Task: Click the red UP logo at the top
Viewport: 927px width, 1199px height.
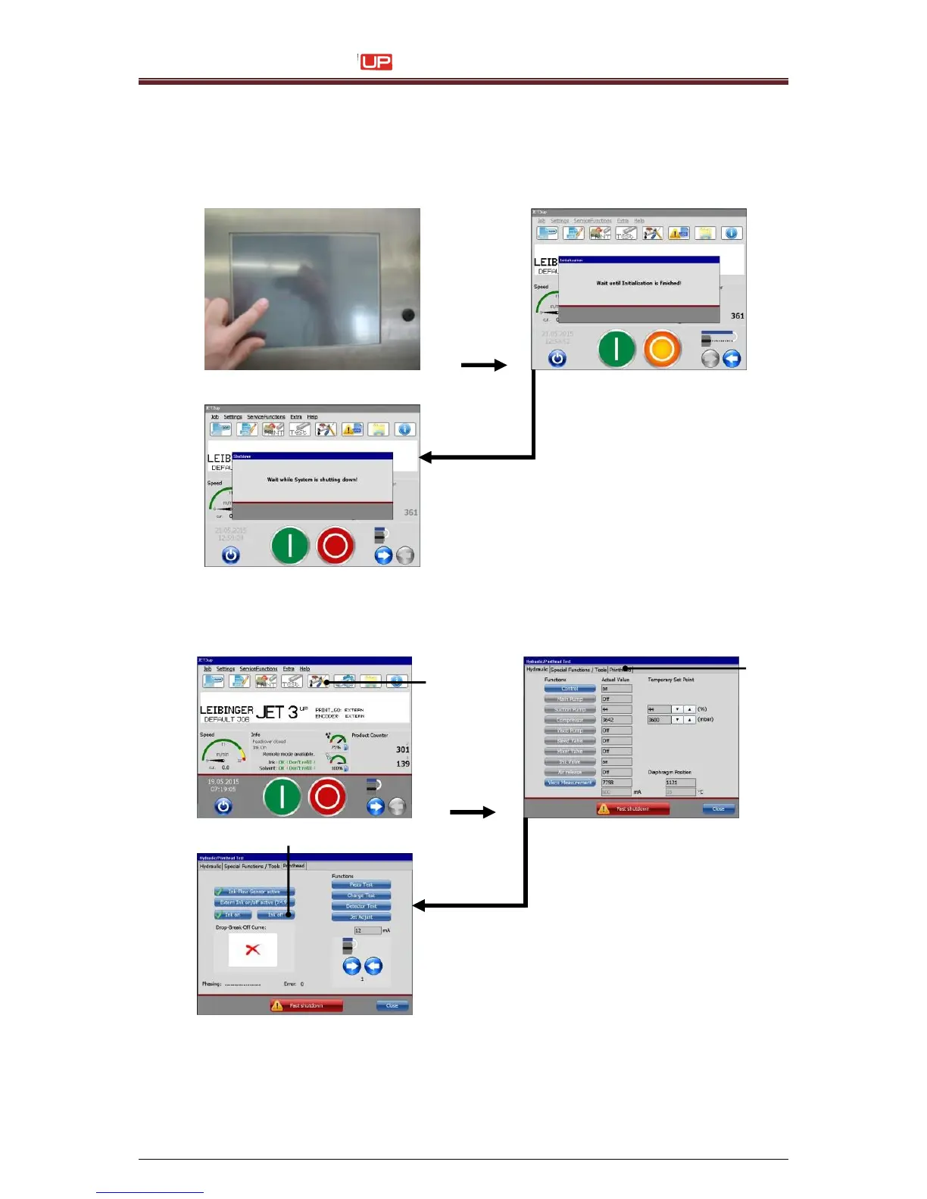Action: (376, 62)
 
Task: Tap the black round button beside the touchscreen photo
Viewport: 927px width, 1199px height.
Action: (408, 315)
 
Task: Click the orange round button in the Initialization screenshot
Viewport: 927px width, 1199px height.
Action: (662, 350)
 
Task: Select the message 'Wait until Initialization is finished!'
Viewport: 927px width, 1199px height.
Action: (638, 283)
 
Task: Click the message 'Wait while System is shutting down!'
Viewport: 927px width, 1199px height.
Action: (312, 480)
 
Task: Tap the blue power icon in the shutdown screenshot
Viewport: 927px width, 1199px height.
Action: (230, 555)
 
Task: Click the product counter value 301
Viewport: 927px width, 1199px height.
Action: (403, 749)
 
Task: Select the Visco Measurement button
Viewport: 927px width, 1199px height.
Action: (570, 783)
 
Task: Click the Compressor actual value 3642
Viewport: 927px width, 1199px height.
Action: (615, 720)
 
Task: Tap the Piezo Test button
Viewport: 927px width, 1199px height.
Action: (361, 884)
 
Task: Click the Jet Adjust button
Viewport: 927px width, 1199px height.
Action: (361, 917)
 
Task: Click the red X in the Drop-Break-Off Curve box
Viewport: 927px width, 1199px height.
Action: (253, 949)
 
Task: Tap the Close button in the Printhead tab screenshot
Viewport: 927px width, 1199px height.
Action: (392, 1005)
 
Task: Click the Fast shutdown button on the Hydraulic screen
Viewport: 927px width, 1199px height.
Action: (633, 808)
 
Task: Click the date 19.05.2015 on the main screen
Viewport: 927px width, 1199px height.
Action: (223, 781)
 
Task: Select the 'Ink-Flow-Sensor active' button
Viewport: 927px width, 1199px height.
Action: (254, 892)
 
